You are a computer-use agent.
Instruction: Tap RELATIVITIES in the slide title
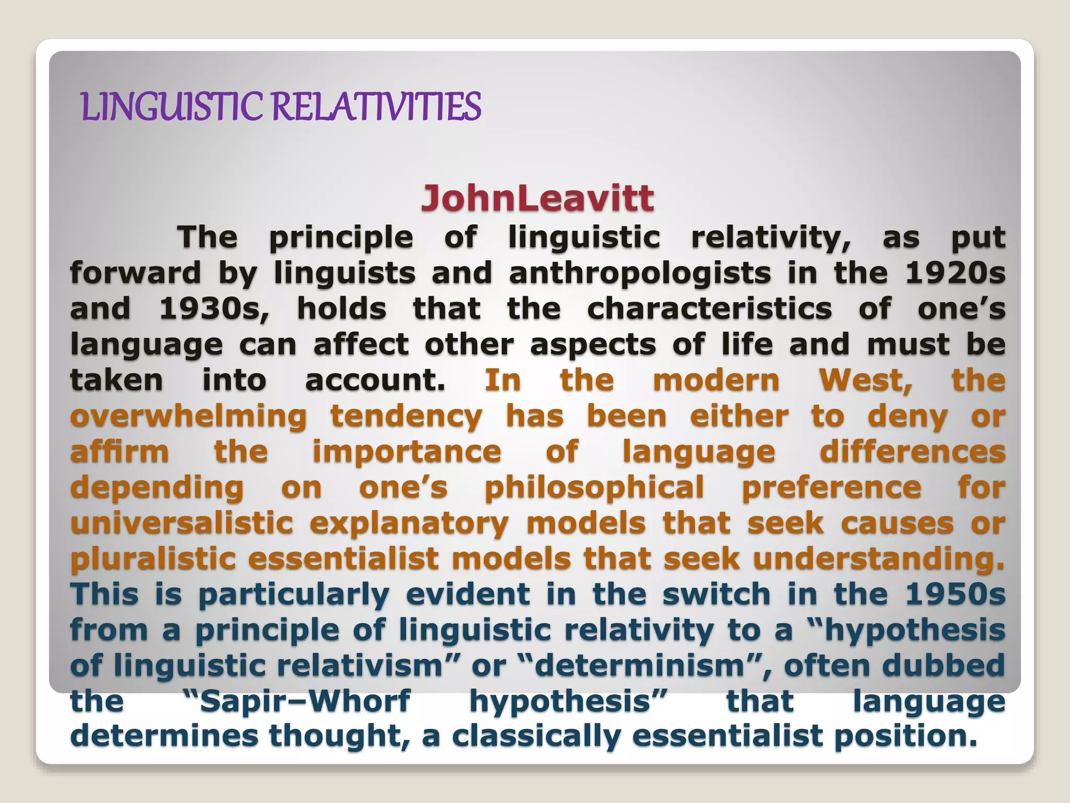(375, 106)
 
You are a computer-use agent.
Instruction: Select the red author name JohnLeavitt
(537, 199)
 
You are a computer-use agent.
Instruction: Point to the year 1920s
(955, 273)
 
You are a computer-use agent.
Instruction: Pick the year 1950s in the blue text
(955, 594)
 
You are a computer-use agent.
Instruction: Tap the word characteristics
(710, 308)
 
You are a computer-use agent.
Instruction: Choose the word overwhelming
(189, 417)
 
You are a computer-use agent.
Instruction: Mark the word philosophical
(595, 488)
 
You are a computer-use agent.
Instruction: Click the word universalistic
(181, 523)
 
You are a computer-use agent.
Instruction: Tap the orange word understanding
(878, 559)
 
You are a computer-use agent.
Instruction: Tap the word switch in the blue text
(716, 594)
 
